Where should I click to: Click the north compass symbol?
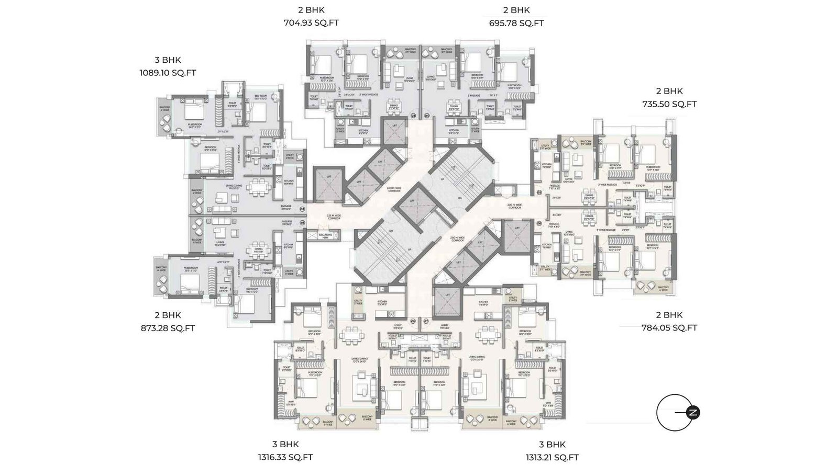click(693, 413)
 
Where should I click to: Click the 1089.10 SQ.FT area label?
click(168, 73)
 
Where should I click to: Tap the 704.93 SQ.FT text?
click(311, 23)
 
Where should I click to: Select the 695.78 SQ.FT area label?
click(516, 23)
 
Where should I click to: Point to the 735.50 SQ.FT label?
click(669, 104)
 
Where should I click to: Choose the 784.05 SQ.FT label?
click(669, 328)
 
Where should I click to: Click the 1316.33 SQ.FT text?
click(285, 457)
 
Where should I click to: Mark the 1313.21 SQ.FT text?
click(552, 457)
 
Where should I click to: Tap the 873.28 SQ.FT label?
click(168, 328)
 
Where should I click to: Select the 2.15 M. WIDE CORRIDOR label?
click(334, 217)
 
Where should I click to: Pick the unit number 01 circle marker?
click(302, 222)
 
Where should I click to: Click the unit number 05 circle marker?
click(539, 192)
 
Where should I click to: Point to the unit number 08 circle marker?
click(413, 321)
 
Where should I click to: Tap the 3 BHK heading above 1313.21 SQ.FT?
click(552, 445)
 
